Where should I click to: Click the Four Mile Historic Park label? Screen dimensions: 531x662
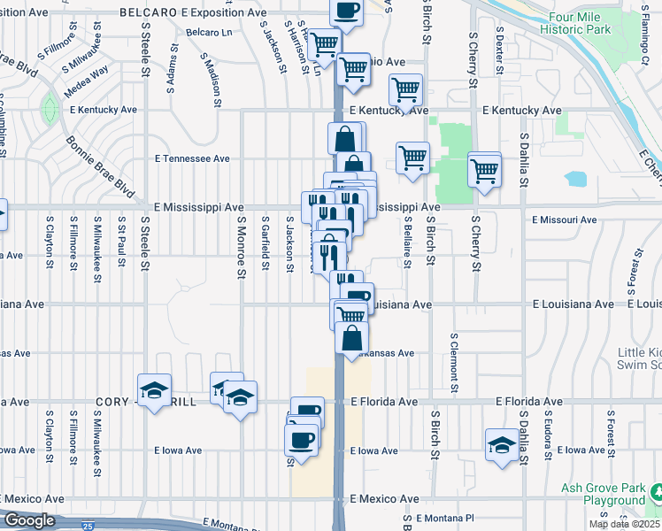pos(580,23)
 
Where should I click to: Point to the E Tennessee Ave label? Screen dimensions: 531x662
pos(192,158)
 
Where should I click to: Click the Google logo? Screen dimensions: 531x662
pos(29,520)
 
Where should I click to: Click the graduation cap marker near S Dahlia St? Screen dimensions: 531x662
pos(502,445)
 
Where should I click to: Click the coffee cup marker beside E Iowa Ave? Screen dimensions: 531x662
pos(301,440)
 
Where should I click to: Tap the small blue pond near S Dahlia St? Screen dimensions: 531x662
pos(576,179)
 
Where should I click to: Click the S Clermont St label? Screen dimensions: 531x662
pos(453,363)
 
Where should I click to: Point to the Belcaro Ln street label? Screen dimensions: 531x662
pos(208,33)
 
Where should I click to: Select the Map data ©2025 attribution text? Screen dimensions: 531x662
pos(620,524)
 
